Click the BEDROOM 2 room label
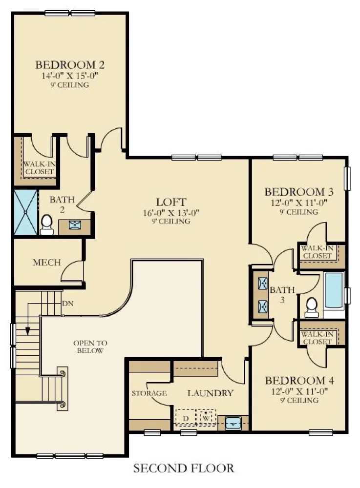[70, 65]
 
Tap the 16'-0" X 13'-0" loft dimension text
[171, 213]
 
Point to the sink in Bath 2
[74, 224]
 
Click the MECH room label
[47, 263]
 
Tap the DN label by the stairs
[67, 303]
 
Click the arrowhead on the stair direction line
[28, 331]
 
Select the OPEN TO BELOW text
[90, 346]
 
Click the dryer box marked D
[186, 418]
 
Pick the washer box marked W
[206, 418]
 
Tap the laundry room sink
[233, 423]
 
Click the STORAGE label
[149, 393]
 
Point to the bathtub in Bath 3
[334, 291]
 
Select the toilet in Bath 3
[311, 307]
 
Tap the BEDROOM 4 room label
[299, 380]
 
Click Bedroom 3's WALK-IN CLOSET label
[317, 252]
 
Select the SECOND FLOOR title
[184, 468]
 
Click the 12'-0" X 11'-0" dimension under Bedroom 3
[299, 203]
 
